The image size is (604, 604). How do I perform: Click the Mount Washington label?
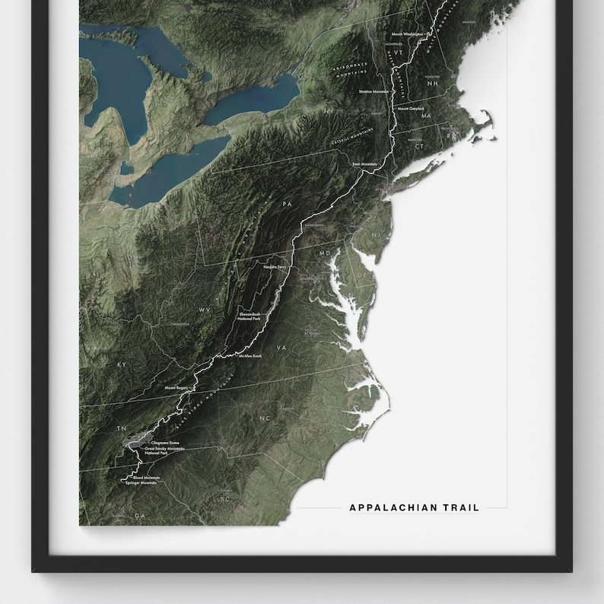407,34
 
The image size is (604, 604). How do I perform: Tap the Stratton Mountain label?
374,91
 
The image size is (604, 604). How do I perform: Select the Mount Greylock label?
411,109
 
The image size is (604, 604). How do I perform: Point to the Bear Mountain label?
365,164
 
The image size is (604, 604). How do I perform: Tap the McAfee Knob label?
250,356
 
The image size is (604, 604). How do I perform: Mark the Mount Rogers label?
176,388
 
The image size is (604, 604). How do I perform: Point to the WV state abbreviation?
204,310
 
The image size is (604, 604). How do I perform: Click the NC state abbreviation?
265,418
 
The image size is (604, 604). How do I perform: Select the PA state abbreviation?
287,205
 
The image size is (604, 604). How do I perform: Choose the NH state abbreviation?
433,84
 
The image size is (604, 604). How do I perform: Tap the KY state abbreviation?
121,365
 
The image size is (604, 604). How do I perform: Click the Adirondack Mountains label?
351,68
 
